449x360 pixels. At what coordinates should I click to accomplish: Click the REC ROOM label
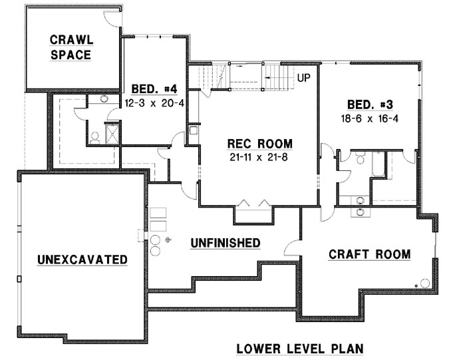click(x=259, y=144)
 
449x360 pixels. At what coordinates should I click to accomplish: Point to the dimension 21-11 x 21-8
click(x=259, y=157)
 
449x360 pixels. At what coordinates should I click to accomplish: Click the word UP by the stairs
click(x=304, y=78)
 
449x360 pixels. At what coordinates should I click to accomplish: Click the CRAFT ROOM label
click(x=369, y=254)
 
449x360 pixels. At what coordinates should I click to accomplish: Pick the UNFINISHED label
click(x=225, y=243)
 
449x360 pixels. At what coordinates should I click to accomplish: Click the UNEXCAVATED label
click(x=82, y=259)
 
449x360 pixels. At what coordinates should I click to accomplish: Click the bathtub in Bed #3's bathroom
click(x=378, y=164)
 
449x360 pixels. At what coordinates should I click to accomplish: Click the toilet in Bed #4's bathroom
click(x=95, y=137)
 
